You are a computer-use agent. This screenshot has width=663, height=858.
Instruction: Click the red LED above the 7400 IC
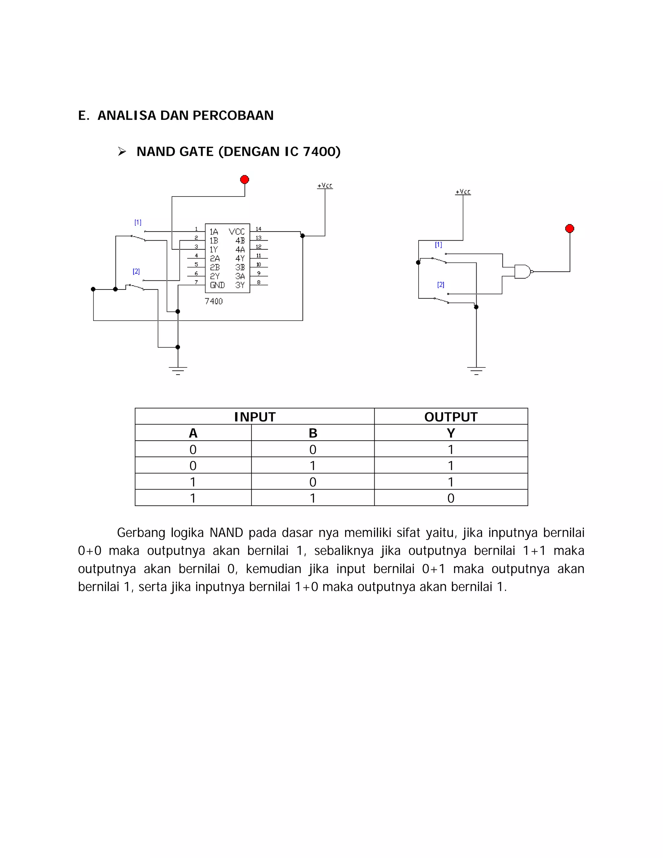pyautogui.click(x=244, y=180)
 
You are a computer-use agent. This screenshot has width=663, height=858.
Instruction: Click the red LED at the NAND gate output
pyautogui.click(x=569, y=229)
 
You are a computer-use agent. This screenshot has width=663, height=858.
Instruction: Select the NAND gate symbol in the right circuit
pyautogui.click(x=523, y=271)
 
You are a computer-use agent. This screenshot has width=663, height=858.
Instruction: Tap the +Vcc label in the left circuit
pyautogui.click(x=325, y=186)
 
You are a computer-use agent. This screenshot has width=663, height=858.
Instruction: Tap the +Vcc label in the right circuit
pyautogui.click(x=463, y=192)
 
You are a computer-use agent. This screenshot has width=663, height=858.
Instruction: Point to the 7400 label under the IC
pyautogui.click(x=214, y=301)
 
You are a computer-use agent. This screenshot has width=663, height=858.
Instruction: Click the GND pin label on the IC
pyautogui.click(x=217, y=285)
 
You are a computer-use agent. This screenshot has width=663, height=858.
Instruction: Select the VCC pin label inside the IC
pyautogui.click(x=237, y=232)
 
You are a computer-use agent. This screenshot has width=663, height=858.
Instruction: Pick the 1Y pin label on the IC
pyautogui.click(x=214, y=249)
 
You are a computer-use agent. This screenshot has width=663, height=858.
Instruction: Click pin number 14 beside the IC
pyautogui.click(x=258, y=229)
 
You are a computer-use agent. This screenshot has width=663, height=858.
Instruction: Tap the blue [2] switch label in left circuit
pyautogui.click(x=136, y=271)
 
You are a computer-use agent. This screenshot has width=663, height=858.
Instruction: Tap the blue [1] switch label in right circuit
pyautogui.click(x=438, y=245)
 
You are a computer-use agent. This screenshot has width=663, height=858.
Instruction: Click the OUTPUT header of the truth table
pyautogui.click(x=451, y=417)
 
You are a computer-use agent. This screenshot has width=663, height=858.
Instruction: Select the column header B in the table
pyautogui.click(x=313, y=433)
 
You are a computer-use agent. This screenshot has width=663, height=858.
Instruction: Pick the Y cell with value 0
pyautogui.click(x=451, y=498)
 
